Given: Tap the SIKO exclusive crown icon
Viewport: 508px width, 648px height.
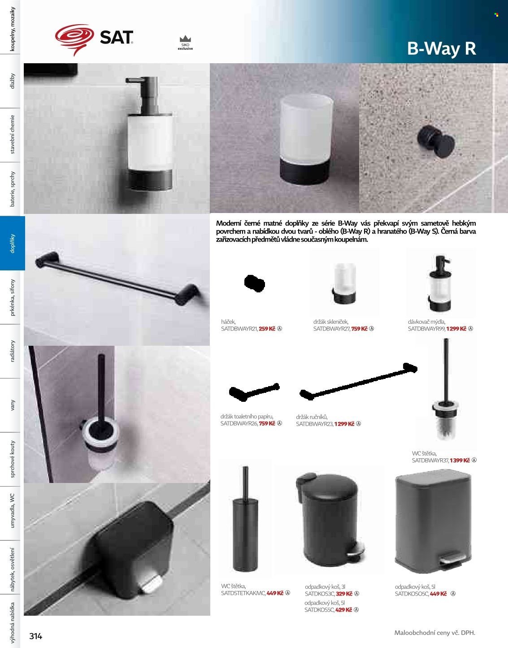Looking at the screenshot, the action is click(185, 39).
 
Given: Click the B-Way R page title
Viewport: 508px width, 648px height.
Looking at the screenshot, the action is click(441, 48).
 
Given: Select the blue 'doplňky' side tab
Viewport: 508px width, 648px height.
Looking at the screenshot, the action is click(12, 244).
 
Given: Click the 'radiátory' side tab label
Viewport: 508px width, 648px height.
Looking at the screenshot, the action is click(12, 351).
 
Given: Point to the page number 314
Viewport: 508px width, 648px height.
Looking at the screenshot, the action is click(35, 635).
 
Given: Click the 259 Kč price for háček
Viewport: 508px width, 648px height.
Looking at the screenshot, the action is click(267, 329).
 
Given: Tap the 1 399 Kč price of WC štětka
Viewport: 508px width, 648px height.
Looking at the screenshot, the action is click(460, 461).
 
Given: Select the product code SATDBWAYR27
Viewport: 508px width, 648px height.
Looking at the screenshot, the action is click(331, 329).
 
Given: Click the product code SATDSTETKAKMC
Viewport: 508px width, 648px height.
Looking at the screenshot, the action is click(243, 593).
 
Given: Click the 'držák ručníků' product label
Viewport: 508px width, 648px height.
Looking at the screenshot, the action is click(312, 417).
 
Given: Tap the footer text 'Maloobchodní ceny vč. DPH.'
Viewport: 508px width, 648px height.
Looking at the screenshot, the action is click(434, 633).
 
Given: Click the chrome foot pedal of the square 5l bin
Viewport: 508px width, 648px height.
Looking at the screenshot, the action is click(452, 559).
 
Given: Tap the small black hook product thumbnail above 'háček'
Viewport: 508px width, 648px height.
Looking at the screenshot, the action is click(254, 283).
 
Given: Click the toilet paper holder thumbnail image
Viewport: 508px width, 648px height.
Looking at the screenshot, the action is click(254, 391).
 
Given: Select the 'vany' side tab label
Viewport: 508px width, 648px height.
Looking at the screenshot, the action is click(12, 405).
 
